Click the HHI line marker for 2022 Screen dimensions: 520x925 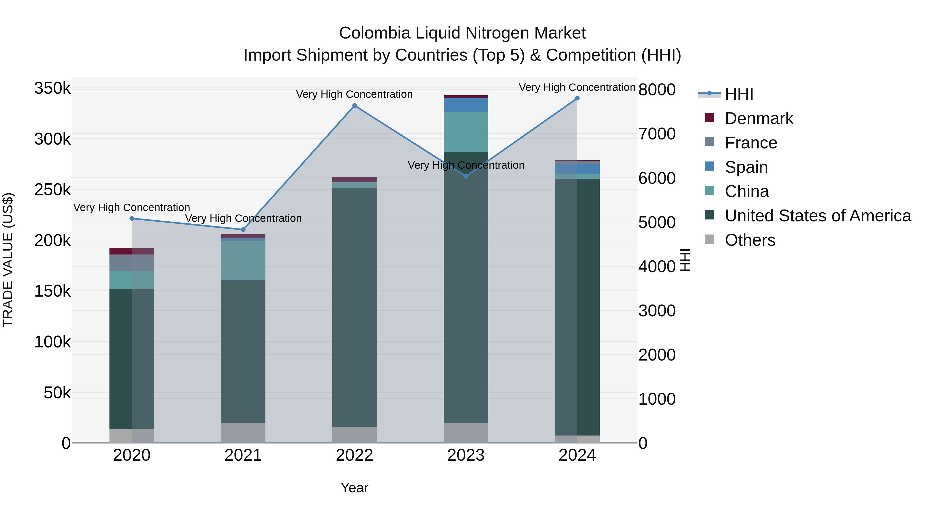click(354, 106)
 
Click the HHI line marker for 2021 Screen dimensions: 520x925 click(243, 230)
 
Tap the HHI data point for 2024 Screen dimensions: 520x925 click(577, 98)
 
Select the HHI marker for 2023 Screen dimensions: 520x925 click(466, 176)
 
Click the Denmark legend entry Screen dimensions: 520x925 click(758, 118)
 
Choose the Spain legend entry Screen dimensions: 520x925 click(746, 167)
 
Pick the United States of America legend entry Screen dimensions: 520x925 click(817, 216)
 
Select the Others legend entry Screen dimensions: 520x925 click(750, 240)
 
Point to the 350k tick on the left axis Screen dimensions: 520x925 click(52, 88)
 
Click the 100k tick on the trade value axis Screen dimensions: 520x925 click(52, 342)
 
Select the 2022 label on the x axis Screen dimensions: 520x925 click(354, 455)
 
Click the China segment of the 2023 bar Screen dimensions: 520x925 click(466, 132)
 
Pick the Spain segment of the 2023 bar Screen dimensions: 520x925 click(466, 105)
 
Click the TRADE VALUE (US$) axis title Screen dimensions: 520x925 click(8, 260)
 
